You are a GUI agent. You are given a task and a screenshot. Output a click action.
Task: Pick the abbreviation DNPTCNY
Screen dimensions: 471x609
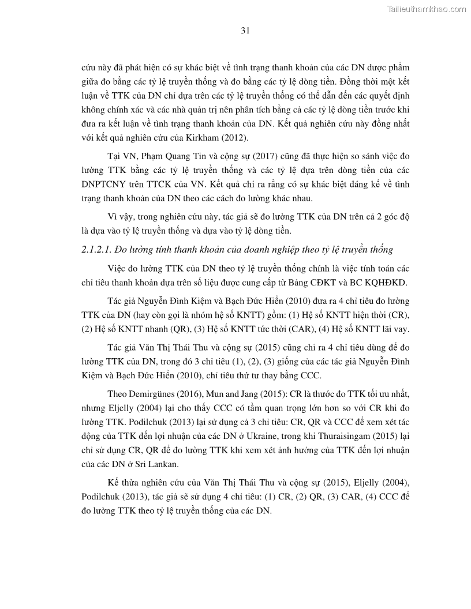coord(105,183)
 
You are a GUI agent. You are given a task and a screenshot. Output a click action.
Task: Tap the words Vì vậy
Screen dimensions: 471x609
coord(119,216)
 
